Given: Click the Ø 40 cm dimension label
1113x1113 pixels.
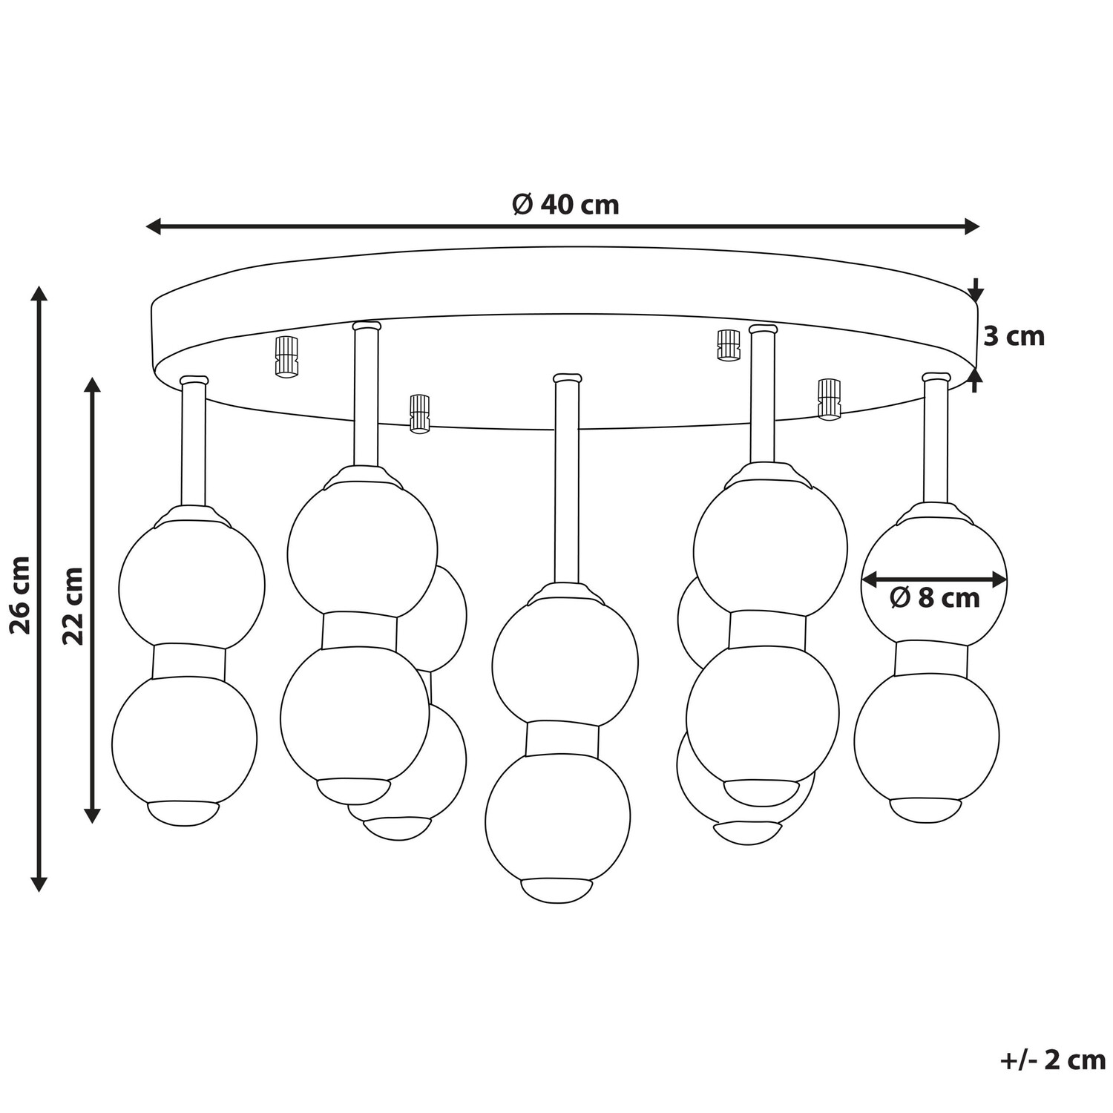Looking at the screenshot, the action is (565, 205).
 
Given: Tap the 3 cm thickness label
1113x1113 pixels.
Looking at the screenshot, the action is (1014, 336).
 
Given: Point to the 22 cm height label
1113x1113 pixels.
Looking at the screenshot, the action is (73, 605).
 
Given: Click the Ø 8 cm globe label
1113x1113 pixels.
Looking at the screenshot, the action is (935, 597).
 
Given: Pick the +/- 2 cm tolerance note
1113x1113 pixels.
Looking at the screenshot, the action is (1053, 1060).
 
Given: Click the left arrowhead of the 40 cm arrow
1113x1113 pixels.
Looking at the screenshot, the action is (153, 226).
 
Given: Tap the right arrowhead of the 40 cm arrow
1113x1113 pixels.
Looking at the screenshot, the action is (972, 226).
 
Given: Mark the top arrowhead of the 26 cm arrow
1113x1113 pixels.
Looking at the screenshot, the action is (39, 292).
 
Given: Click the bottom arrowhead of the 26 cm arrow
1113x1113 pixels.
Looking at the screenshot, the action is (39, 883).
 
